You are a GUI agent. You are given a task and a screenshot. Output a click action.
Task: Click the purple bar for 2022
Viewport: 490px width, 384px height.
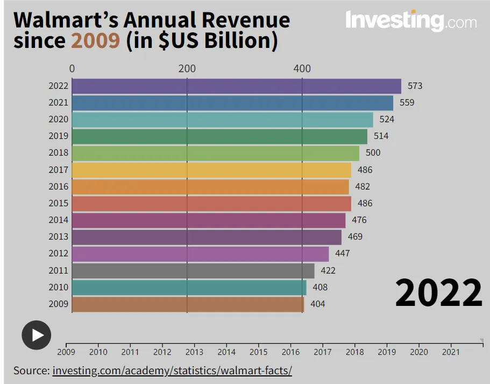(236, 86)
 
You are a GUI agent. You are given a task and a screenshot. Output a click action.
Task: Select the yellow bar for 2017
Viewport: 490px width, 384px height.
(211, 170)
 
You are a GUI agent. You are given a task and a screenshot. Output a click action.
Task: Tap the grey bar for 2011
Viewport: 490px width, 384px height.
(193, 271)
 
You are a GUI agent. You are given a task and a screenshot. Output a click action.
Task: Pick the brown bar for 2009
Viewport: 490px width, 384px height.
(188, 304)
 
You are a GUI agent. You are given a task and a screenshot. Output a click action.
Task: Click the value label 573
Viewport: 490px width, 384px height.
(415, 86)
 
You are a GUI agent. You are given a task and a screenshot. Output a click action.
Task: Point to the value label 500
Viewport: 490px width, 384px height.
(373, 153)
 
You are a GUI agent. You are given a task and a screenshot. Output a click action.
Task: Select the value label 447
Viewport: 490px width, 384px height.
(343, 254)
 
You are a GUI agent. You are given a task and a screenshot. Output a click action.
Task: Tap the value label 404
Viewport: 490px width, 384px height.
(318, 304)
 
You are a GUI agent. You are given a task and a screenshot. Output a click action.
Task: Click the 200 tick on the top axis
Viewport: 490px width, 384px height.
(187, 68)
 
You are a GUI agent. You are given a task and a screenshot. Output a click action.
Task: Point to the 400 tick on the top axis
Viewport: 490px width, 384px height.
(302, 68)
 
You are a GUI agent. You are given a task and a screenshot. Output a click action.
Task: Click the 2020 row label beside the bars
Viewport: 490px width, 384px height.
(59, 120)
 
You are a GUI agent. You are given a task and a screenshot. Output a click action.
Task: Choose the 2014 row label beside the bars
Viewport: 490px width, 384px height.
(59, 220)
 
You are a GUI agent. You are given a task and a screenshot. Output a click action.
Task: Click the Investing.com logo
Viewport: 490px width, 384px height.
(410, 21)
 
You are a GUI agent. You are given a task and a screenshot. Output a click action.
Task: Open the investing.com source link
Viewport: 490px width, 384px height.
(172, 371)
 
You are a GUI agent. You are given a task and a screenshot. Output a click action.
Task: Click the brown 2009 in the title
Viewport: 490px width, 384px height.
(96, 41)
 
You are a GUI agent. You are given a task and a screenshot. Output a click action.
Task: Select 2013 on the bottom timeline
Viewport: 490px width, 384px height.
(194, 352)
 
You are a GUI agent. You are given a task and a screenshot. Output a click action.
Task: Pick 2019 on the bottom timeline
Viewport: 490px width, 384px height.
(387, 352)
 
